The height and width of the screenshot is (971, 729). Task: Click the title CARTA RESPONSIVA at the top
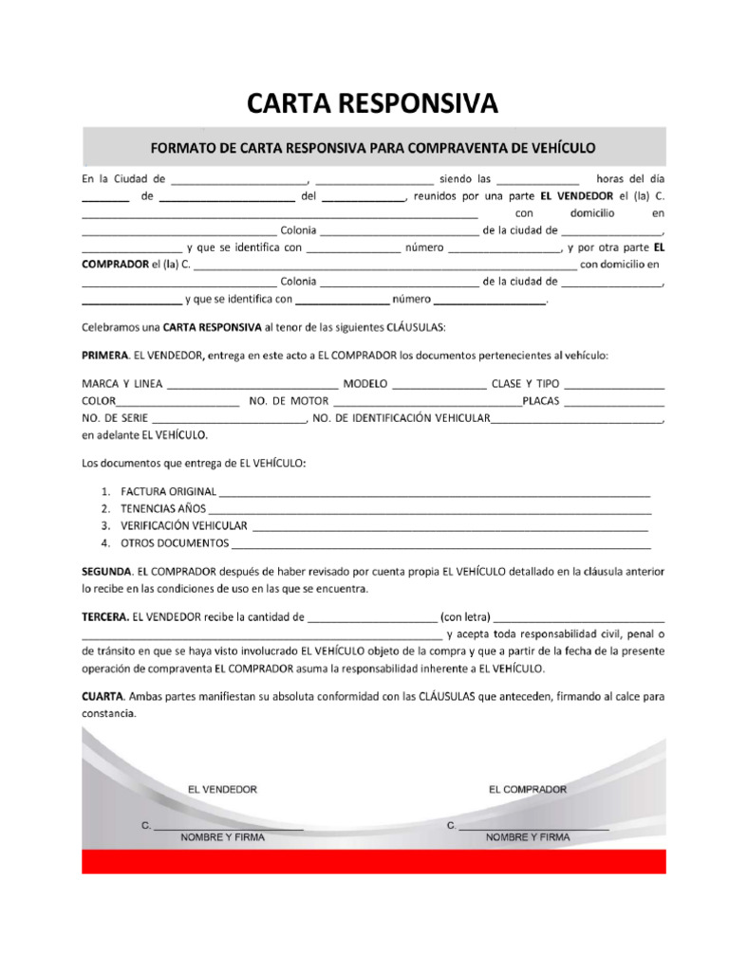tap(372, 102)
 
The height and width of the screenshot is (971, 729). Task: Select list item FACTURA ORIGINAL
tap(168, 491)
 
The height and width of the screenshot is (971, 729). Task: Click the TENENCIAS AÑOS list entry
tap(163, 508)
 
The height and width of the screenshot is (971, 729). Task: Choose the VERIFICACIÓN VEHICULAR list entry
tap(183, 525)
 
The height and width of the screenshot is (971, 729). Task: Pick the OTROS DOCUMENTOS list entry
tap(175, 543)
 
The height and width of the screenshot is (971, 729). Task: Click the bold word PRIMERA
tap(104, 356)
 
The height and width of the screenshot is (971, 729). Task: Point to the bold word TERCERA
tap(104, 616)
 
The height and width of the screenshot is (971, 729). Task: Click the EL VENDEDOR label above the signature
tap(222, 789)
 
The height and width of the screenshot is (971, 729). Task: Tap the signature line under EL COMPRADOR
tap(533, 830)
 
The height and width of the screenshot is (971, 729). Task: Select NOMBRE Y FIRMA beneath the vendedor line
tap(223, 838)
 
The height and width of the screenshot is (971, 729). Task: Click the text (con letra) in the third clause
tap(465, 616)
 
